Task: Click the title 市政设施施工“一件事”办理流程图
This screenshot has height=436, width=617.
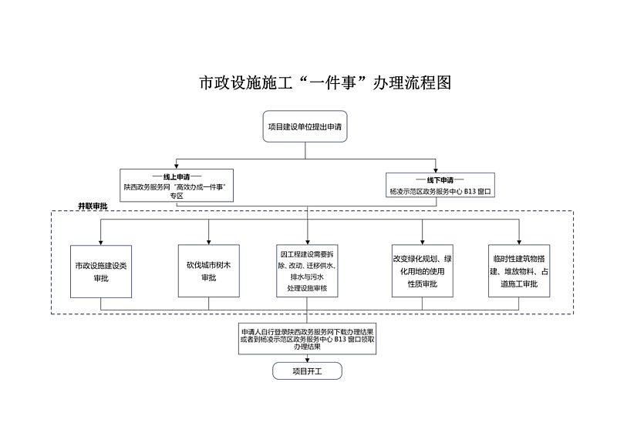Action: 325,82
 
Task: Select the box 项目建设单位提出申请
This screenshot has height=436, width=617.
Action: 305,126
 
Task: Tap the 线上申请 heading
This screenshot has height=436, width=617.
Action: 177,177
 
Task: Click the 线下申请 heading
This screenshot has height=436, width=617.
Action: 440,180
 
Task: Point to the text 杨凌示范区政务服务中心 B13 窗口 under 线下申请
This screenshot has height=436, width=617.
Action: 440,192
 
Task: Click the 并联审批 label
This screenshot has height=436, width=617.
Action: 93,206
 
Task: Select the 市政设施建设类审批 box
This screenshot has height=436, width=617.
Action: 101,271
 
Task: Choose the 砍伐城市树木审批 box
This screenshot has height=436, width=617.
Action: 209,271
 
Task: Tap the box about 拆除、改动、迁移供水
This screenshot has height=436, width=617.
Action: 307,271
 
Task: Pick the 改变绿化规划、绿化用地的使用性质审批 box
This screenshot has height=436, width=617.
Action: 423,271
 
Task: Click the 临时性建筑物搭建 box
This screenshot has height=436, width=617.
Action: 519,271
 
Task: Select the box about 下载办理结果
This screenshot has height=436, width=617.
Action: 307,339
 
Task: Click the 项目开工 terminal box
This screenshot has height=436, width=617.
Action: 307,371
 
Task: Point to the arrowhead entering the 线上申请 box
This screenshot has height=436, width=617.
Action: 177,166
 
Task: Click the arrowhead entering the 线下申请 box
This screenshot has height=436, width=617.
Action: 436,169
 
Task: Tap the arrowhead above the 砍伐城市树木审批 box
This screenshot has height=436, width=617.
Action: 208,242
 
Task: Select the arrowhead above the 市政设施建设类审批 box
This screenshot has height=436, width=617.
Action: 101,243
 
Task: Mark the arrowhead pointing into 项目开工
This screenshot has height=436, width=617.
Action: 307,360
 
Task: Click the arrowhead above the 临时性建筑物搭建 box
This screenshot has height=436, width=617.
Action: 519,242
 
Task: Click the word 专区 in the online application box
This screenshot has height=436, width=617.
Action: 177,196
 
